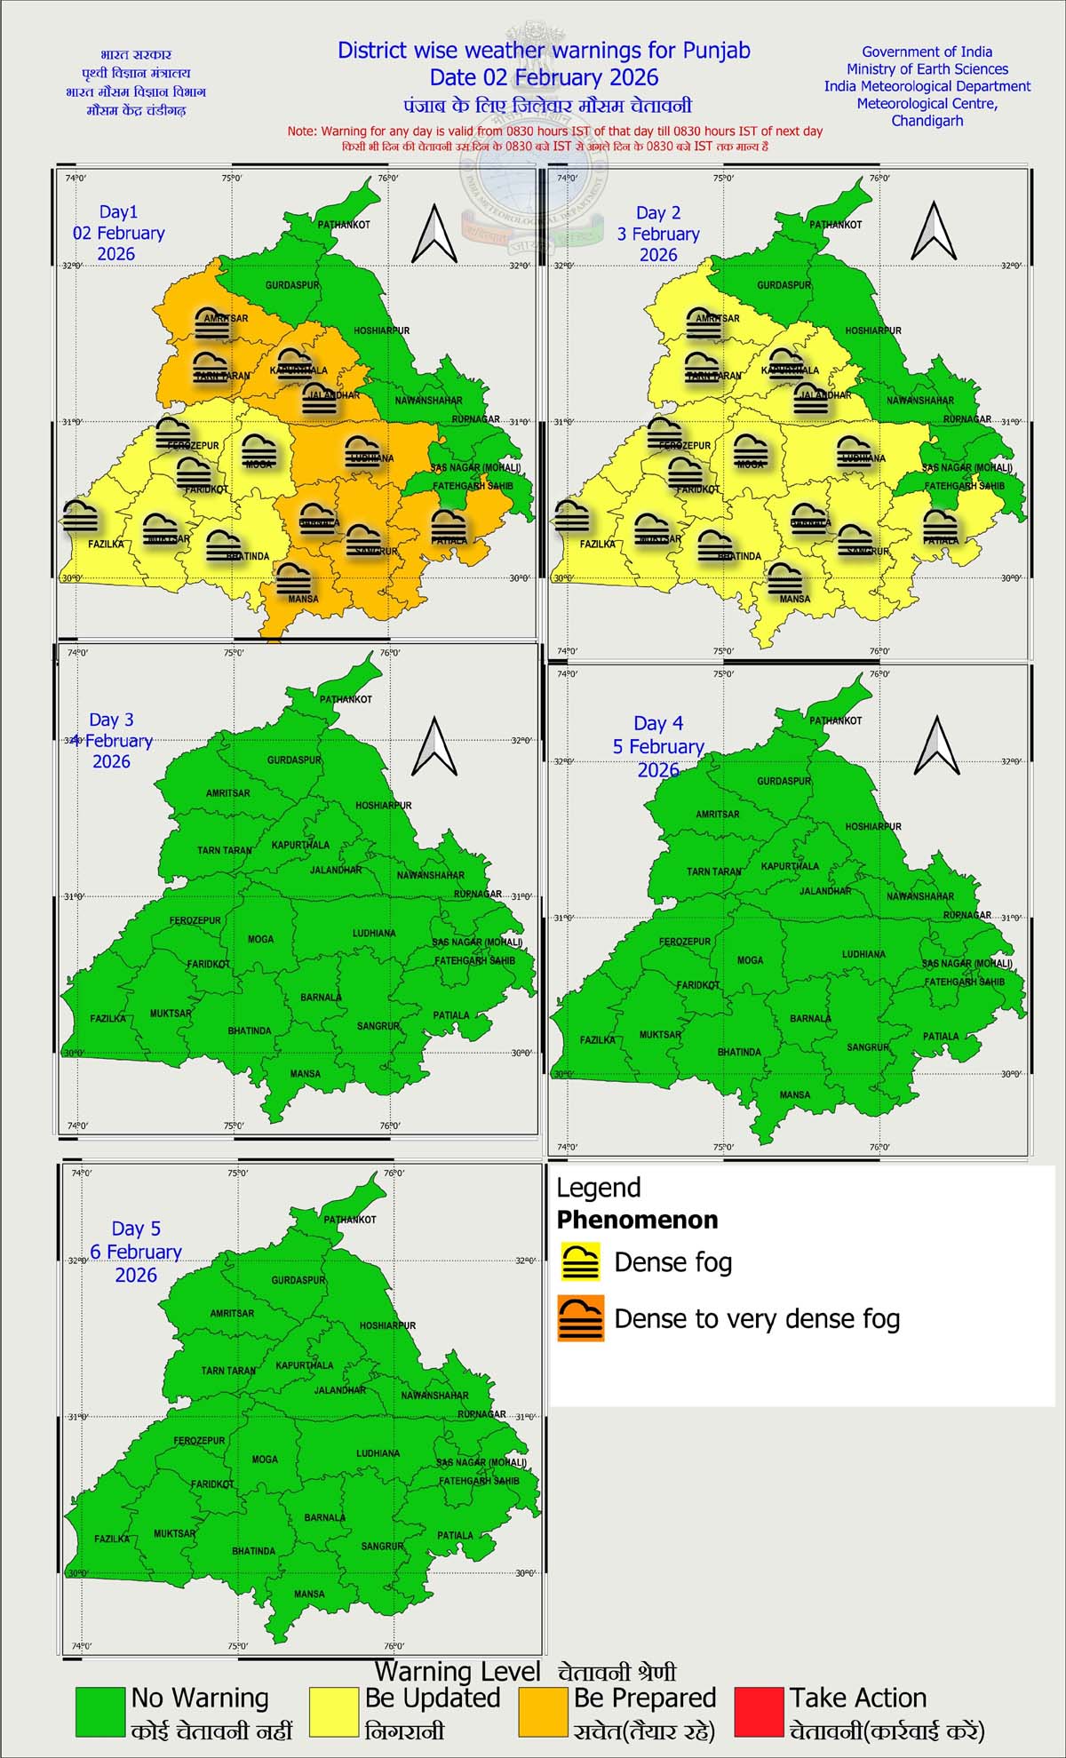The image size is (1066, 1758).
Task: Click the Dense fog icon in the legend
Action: [x=581, y=1261]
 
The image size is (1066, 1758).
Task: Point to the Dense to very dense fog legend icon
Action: [x=581, y=1317]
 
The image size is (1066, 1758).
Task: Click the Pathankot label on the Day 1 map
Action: [x=344, y=225]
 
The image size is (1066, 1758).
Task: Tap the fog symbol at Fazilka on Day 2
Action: [x=571, y=517]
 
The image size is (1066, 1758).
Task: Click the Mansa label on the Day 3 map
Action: [x=305, y=1074]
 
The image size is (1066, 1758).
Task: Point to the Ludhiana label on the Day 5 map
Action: [x=378, y=1453]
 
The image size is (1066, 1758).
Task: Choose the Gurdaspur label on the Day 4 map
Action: [x=784, y=781]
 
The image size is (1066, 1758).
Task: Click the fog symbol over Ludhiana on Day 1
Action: [x=362, y=451]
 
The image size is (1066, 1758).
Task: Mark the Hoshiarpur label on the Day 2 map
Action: [x=872, y=330]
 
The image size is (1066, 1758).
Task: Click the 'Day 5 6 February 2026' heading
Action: [x=136, y=1252]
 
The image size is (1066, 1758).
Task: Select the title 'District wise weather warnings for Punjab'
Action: [x=544, y=51]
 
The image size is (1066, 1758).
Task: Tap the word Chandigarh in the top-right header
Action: [x=927, y=121]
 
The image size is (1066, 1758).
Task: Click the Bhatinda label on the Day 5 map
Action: [x=253, y=1551]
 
